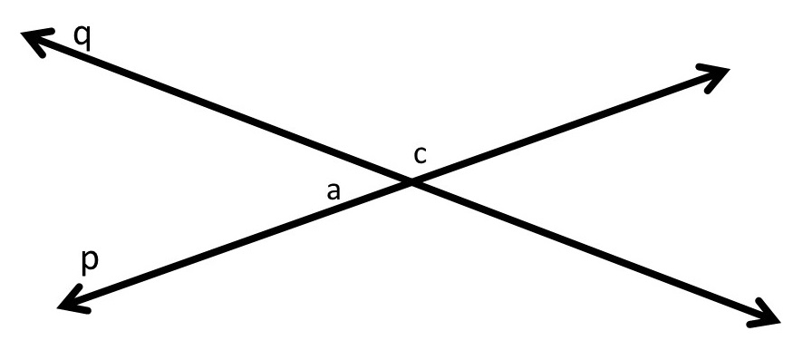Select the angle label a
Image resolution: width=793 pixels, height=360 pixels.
point(334,190)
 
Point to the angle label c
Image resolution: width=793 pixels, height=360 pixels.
point(420,155)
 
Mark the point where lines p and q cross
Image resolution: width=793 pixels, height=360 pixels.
point(411,182)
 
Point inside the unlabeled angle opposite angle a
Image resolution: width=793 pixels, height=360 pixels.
point(508,181)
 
